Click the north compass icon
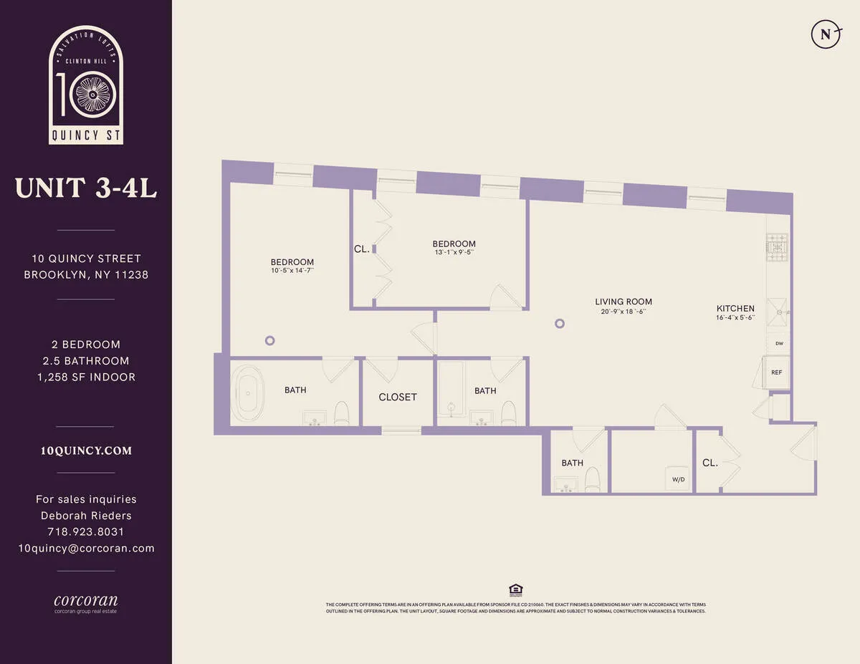(x=825, y=34)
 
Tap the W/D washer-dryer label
(x=677, y=479)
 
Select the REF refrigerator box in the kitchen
(x=777, y=372)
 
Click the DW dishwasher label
(x=779, y=343)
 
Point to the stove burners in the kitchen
(x=777, y=247)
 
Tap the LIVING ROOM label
(x=623, y=302)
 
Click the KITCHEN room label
(x=735, y=309)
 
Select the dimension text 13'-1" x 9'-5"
(x=454, y=252)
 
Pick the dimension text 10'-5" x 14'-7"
(x=292, y=271)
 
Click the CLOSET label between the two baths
(x=398, y=397)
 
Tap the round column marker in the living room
(x=560, y=323)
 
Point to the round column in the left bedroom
(x=270, y=341)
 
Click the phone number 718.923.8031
(x=86, y=531)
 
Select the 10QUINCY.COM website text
(x=86, y=451)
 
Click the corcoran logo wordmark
(x=86, y=600)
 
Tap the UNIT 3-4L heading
(x=86, y=188)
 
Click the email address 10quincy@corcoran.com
(x=86, y=548)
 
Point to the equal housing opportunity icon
(x=515, y=590)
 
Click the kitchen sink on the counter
(x=777, y=307)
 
